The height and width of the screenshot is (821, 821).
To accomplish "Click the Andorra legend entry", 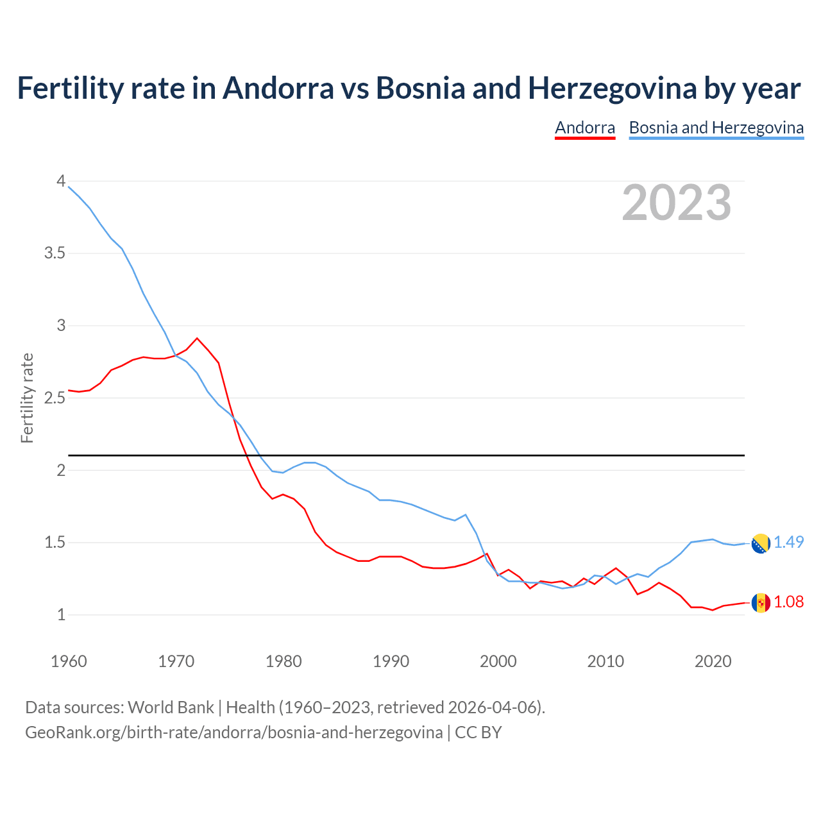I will (x=584, y=128).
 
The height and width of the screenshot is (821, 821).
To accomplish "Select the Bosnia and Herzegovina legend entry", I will (x=716, y=128).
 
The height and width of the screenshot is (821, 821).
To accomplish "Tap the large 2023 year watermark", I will (x=676, y=203).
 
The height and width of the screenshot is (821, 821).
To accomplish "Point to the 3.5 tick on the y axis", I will (x=55, y=253).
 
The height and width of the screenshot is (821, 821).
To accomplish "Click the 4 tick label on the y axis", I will (x=61, y=182).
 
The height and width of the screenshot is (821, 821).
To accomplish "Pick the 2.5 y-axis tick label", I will (x=55, y=398).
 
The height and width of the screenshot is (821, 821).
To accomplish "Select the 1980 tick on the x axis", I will (x=284, y=661).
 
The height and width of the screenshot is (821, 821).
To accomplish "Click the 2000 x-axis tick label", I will (x=498, y=661).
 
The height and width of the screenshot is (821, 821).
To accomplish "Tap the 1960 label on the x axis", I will (x=69, y=661).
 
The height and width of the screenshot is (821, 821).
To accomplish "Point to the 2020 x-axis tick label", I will (x=713, y=661).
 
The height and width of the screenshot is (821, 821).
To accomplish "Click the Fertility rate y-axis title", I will (x=27, y=398).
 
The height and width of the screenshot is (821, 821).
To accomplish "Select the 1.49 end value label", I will (x=788, y=543).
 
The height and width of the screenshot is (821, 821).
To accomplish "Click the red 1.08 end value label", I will (x=788, y=602).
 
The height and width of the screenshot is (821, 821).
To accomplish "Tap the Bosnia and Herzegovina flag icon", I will (x=761, y=543).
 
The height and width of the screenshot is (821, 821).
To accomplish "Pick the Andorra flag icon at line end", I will (x=761, y=603).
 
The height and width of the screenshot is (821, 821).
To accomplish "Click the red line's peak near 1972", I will (x=197, y=338).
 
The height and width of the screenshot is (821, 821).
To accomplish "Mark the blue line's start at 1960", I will (x=69, y=187).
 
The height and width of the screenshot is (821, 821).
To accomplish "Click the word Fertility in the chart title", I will (x=69, y=89).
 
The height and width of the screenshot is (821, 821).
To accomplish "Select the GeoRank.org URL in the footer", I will (x=233, y=732).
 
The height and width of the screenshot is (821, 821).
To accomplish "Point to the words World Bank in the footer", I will (x=171, y=707).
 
